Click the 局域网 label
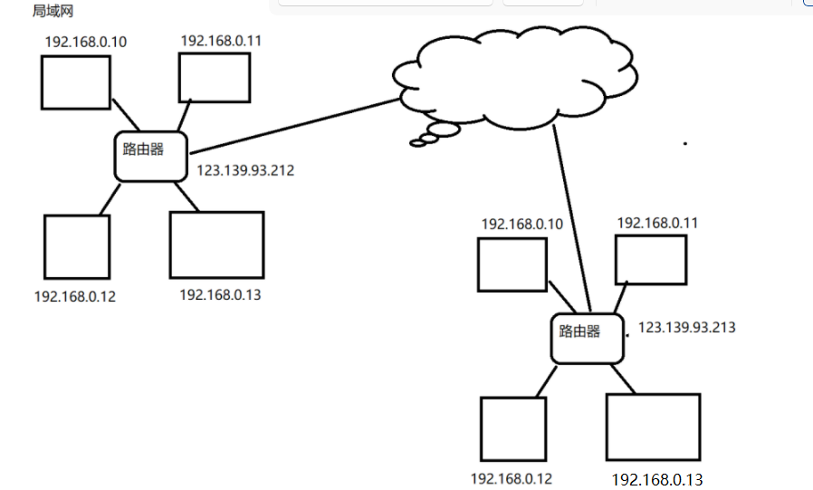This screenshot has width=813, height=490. (x=53, y=11)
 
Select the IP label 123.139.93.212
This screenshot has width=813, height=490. (x=245, y=170)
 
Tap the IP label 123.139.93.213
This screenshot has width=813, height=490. (x=686, y=327)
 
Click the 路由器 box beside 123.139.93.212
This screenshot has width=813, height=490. (x=151, y=157)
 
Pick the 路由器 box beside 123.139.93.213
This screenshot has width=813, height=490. (x=587, y=339)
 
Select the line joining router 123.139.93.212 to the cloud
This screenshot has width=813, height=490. (x=294, y=126)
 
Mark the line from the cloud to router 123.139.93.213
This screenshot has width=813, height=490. (x=572, y=218)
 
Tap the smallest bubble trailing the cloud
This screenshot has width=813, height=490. (x=418, y=143)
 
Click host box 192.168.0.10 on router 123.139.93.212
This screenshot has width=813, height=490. (x=76, y=82)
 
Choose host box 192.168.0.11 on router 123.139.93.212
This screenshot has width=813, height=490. (x=215, y=78)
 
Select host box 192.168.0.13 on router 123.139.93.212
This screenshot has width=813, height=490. (x=216, y=245)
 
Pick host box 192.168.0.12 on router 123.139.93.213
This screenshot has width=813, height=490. (x=513, y=428)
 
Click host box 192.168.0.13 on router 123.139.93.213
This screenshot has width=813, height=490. (x=654, y=427)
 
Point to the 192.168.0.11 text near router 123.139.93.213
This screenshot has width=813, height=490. (x=657, y=223)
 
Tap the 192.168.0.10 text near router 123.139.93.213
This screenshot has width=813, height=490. (x=521, y=224)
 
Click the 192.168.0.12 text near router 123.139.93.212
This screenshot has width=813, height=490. (x=74, y=296)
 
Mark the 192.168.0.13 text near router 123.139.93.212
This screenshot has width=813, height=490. (x=220, y=295)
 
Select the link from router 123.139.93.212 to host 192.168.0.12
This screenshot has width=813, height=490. (x=110, y=198)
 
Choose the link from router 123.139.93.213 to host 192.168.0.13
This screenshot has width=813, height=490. (x=623, y=379)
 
